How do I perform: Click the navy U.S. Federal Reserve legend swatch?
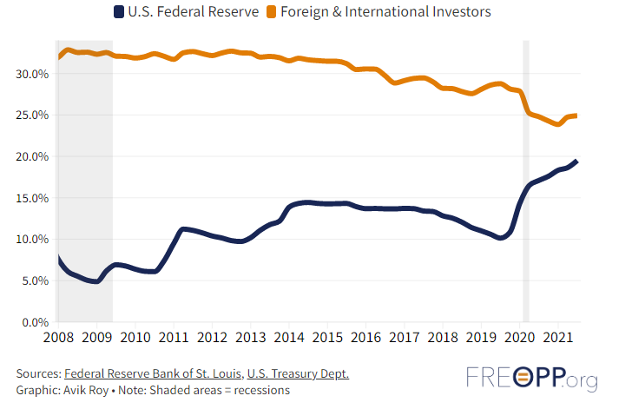pyautogui.click(x=118, y=12)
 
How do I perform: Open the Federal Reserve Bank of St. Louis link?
pyautogui.click(x=153, y=373)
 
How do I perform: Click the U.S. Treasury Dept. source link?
pyautogui.click(x=298, y=373)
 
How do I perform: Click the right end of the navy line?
pyautogui.click(x=577, y=162)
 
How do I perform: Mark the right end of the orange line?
pyautogui.click(x=576, y=115)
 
